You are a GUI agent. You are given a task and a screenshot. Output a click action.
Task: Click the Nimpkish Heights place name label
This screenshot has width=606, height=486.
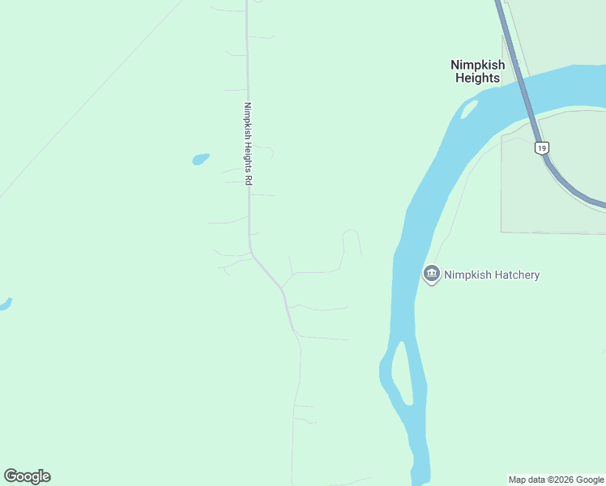(477, 71)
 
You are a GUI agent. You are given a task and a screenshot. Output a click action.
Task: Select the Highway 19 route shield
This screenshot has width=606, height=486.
(541, 147)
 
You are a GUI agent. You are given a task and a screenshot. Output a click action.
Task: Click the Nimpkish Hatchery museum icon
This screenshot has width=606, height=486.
(431, 275)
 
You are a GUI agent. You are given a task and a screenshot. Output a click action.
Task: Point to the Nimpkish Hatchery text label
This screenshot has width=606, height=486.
(492, 275)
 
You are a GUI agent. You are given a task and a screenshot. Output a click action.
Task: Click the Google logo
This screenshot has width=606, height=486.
(27, 476)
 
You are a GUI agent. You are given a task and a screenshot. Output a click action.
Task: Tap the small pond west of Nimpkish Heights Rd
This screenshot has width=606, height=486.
(200, 159)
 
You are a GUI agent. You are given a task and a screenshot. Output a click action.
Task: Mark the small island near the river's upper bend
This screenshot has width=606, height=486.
(468, 109)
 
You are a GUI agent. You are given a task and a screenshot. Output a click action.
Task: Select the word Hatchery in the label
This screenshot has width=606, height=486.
(516, 275)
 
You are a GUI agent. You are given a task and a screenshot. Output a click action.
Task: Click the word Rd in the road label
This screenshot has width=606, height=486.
(249, 181)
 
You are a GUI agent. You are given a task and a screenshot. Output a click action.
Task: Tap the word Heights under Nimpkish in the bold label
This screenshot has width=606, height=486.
(477, 79)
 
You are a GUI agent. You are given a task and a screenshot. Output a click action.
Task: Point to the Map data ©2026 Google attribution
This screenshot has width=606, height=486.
(556, 480)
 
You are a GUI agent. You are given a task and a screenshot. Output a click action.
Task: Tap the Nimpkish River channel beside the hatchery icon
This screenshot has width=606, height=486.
(403, 275)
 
